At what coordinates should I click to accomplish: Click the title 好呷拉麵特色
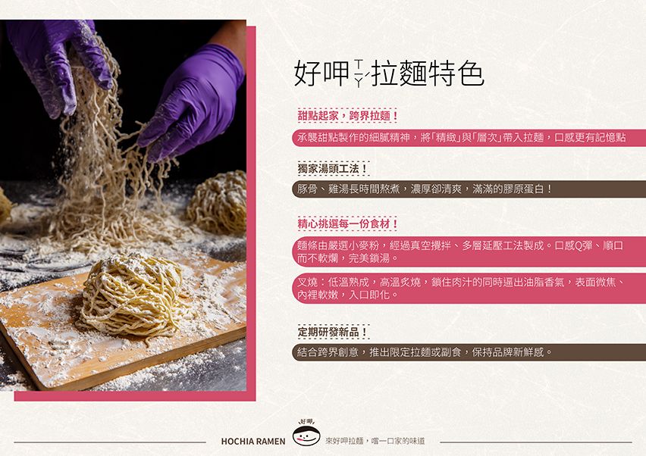point(389,73)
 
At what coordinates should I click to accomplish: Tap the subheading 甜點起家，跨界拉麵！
point(348,116)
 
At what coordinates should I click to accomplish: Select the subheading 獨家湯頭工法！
point(333,169)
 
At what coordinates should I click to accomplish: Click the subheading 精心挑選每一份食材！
point(348,224)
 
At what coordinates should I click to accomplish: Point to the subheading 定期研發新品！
point(333,332)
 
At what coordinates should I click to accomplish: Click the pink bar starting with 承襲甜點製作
point(469,137)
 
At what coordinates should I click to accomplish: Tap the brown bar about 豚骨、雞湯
point(469,189)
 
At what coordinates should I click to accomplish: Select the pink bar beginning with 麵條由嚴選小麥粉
point(469,252)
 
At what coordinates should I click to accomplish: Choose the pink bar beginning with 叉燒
point(469,289)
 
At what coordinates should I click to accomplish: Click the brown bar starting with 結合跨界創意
point(469,352)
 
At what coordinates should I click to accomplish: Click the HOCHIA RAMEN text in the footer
point(253,442)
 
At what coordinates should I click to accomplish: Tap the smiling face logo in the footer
point(306,434)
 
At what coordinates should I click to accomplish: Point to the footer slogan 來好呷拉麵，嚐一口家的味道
point(375,441)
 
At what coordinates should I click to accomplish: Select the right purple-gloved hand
point(193,101)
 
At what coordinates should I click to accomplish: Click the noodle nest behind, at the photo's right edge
point(218,202)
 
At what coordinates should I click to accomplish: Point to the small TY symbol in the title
point(359,73)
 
